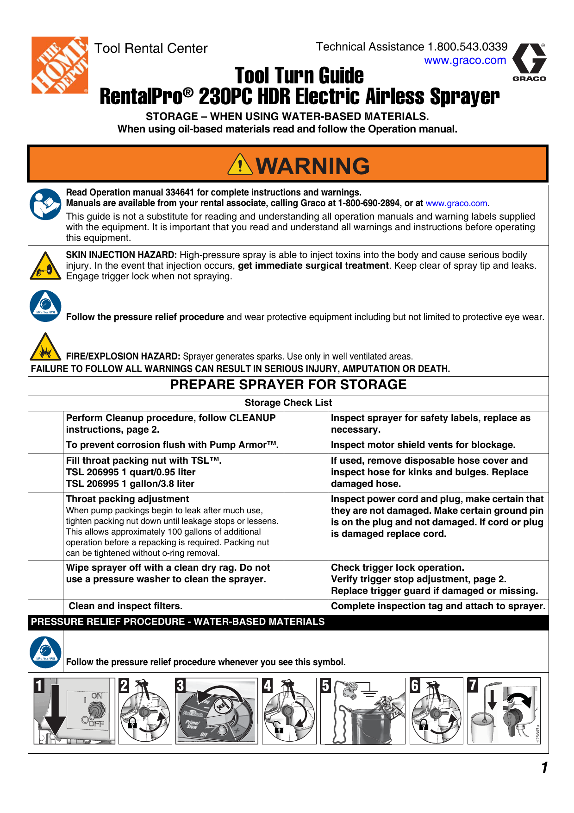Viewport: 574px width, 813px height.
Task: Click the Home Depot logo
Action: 59,65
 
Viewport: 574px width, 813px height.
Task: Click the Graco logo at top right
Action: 530,62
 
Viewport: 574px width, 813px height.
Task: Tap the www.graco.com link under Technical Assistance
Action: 465,60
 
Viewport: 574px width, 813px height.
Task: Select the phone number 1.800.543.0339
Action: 468,47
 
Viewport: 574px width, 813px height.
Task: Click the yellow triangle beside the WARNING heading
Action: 240,165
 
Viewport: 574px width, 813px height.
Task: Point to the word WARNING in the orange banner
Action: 313,166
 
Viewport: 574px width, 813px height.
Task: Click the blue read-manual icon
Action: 45,204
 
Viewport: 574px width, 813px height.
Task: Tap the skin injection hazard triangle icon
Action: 45,266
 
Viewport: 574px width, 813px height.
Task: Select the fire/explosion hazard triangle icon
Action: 45,347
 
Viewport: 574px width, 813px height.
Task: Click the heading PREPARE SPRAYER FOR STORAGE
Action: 288,385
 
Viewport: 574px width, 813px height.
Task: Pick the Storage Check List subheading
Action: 288,403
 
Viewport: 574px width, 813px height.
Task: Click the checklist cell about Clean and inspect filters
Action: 126,606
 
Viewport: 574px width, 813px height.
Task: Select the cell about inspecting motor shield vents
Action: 423,445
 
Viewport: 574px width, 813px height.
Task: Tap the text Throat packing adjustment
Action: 127,499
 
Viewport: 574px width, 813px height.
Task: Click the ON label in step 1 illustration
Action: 97,696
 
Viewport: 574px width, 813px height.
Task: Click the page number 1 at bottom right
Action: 544,768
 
